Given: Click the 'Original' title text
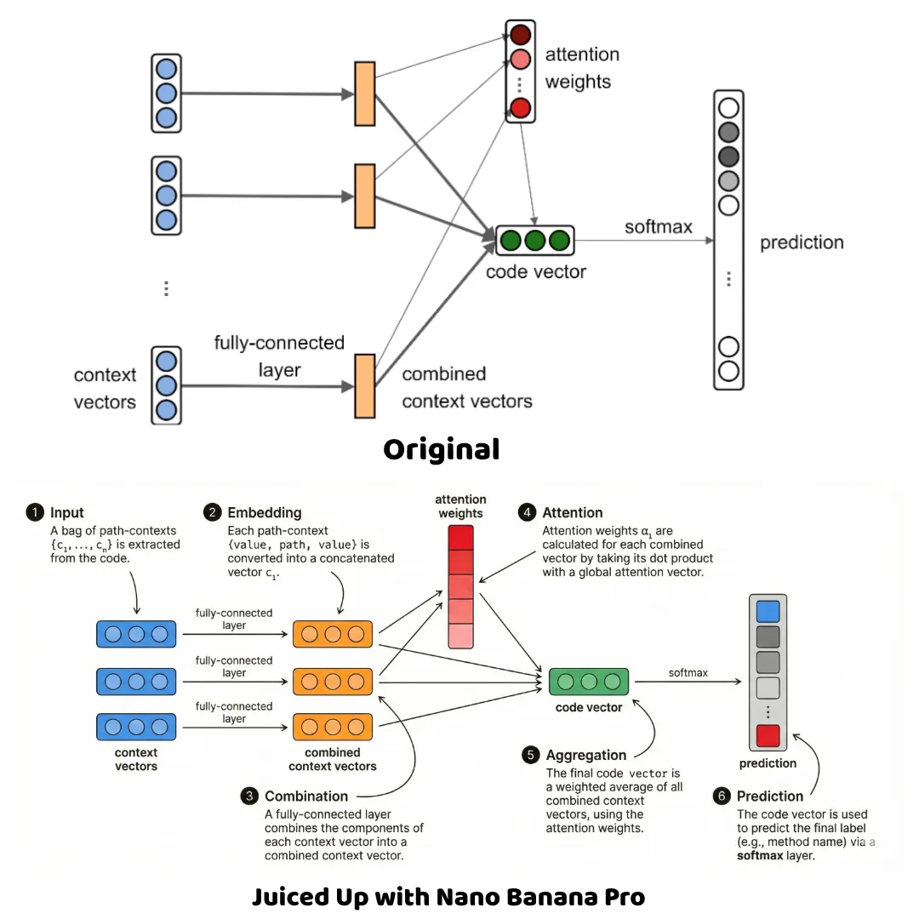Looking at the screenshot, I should click(441, 449).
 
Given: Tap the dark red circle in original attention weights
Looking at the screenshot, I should click(520, 35).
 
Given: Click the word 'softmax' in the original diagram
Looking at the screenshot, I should click(658, 227).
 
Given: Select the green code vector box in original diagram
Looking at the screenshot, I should click(534, 241).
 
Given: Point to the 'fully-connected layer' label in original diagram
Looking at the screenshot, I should click(279, 356).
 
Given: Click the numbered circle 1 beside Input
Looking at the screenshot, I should click(35, 512).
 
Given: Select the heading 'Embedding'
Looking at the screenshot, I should click(264, 512).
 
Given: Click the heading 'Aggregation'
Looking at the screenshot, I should click(585, 755).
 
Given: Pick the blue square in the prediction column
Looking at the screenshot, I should click(768, 611).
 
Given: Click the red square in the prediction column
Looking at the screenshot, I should click(768, 735).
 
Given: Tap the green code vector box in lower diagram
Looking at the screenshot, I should click(589, 682).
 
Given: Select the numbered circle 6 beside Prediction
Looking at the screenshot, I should click(722, 796).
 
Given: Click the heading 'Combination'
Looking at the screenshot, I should click(306, 796).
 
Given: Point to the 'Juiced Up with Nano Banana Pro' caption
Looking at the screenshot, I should click(448, 896).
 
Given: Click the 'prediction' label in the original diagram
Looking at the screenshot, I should click(802, 243).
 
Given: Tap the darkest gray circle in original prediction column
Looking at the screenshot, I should click(728, 157).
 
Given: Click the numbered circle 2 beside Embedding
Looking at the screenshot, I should click(212, 512).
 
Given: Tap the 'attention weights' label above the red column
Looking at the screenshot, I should click(460, 506).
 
